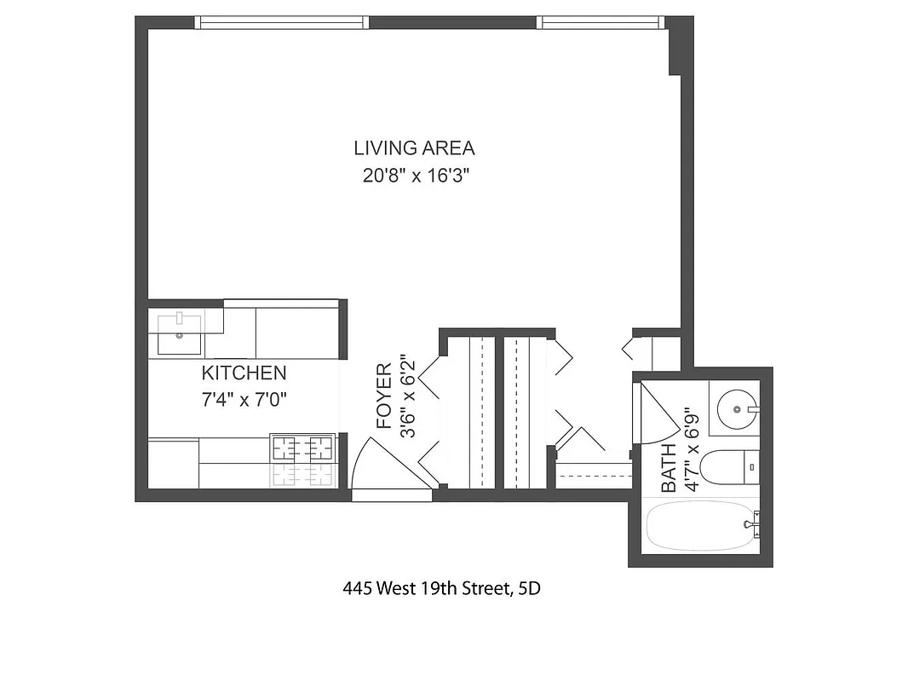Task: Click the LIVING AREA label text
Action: (414, 148)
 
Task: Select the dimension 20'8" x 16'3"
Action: (414, 177)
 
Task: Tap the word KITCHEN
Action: (244, 373)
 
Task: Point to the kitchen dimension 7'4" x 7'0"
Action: (244, 399)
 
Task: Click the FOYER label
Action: (385, 396)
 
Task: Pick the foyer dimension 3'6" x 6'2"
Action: (410, 396)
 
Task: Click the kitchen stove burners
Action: (301, 448)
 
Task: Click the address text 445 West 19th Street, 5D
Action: (441, 588)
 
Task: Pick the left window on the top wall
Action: (282, 22)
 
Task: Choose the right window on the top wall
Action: (601, 22)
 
